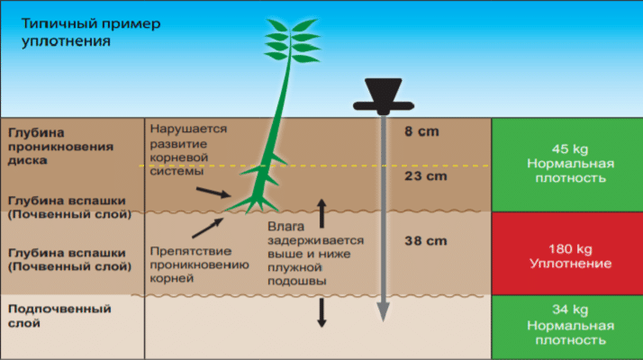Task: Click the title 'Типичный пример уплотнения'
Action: (91, 32)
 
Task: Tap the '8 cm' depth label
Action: (421, 131)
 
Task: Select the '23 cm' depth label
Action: (426, 175)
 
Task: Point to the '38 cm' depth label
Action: (426, 240)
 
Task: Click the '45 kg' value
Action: (570, 148)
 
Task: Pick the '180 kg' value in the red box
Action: (570, 249)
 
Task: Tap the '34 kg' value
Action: (570, 310)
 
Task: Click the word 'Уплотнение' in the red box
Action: (570, 263)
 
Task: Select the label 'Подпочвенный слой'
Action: (59, 316)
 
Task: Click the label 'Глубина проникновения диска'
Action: (60, 147)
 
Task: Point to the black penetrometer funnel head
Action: (384, 96)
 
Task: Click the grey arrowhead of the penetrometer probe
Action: (383, 312)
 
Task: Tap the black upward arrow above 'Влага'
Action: (321, 213)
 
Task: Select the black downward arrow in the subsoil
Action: (321, 313)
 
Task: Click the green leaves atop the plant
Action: (292, 40)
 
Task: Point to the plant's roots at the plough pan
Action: (252, 203)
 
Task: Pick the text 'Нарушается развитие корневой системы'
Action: (188, 149)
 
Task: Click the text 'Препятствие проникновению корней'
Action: (199, 265)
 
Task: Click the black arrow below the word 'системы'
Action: (213, 193)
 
